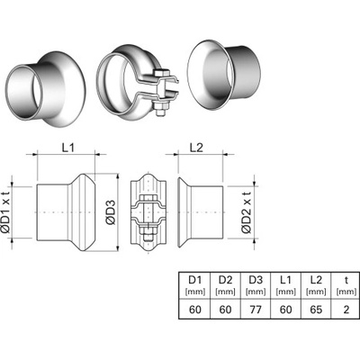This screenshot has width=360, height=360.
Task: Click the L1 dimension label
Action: pyautogui.click(x=68, y=148)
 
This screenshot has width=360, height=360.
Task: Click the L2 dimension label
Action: pyautogui.click(x=197, y=148)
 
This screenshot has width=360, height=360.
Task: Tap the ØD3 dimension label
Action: pyautogui.click(x=111, y=212)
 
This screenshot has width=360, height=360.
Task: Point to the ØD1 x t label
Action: pyautogui.click(x=6, y=212)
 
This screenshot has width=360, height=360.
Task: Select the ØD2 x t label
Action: pyautogui.click(x=247, y=212)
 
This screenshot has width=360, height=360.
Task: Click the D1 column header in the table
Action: pyautogui.click(x=195, y=280)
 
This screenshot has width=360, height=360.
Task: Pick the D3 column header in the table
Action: pyautogui.click(x=256, y=280)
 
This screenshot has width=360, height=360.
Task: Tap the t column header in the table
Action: pyautogui.click(x=346, y=280)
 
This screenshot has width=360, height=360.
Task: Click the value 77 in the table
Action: pyautogui.click(x=256, y=310)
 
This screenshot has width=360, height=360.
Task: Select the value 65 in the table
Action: pyautogui.click(x=316, y=310)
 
